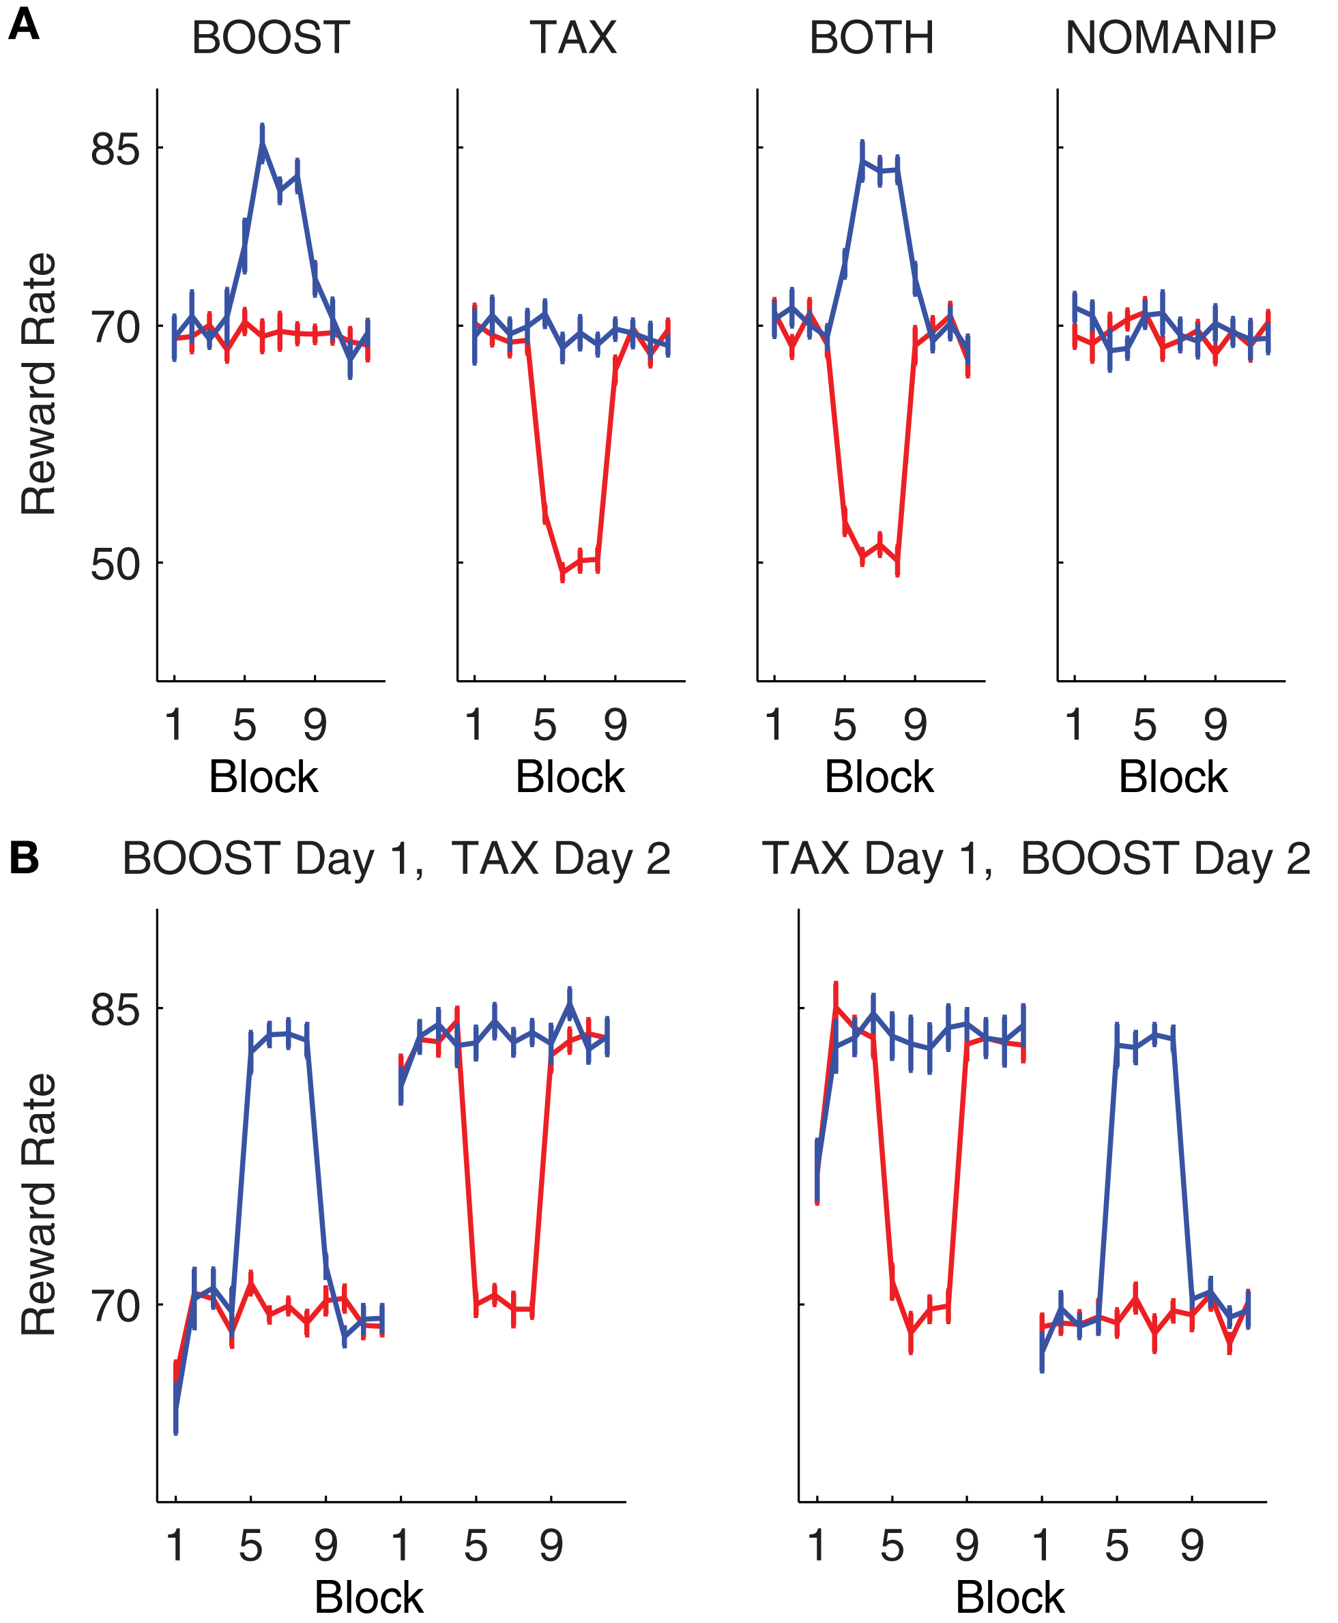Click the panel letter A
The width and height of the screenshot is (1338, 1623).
[x=23, y=25]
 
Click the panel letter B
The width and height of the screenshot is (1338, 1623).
[x=23, y=858]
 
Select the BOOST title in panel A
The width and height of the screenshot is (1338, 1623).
[x=270, y=37]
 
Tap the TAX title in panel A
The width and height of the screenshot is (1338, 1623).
[x=572, y=37]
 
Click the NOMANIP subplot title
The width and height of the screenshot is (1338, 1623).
[x=1170, y=37]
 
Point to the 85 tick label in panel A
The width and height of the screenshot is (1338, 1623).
[x=115, y=149]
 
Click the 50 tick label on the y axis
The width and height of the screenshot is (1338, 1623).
[x=115, y=565]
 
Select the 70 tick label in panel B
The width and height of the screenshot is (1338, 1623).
[x=115, y=1306]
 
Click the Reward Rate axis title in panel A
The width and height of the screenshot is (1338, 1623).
[x=38, y=384]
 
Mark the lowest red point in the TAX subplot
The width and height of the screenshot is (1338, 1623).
[x=563, y=572]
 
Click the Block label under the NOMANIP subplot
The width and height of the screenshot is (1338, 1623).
[x=1172, y=777]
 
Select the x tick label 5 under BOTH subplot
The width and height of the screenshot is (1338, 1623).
[x=844, y=725]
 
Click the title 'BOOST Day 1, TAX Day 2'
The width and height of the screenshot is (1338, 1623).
[x=396, y=858]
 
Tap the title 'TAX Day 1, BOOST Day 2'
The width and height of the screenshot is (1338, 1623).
[x=1035, y=858]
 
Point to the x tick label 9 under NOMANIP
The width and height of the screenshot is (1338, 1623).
[x=1215, y=725]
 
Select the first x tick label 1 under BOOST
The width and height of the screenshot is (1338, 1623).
[x=174, y=725]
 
